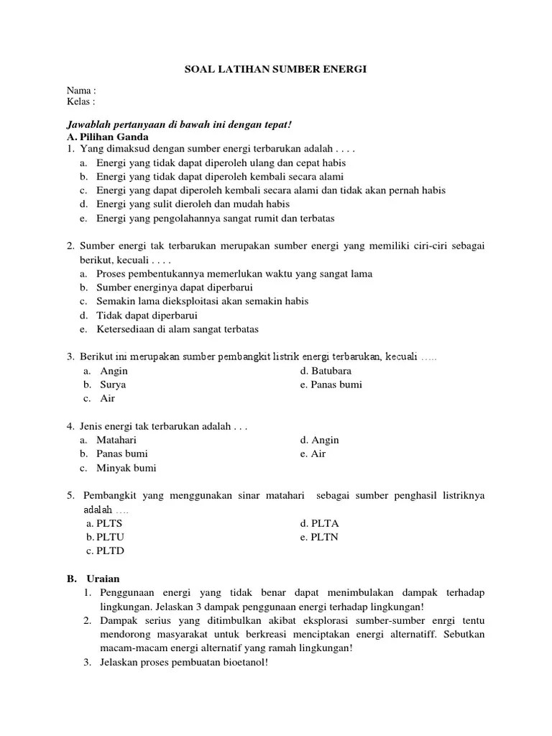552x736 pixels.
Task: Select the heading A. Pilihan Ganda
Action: pos(107,137)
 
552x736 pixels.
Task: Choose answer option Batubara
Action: pos(326,371)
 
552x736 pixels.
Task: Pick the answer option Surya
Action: pos(113,385)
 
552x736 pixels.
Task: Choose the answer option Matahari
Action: pos(117,440)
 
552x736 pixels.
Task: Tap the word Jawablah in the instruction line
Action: pos(88,124)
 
